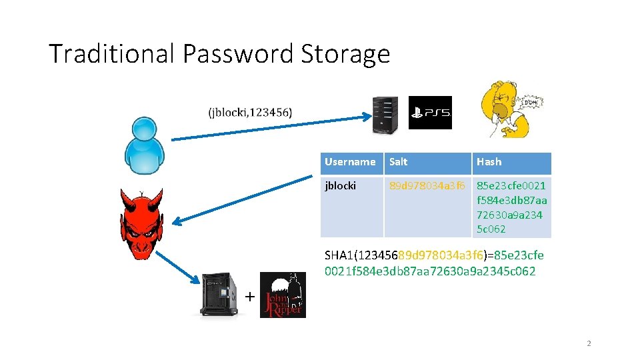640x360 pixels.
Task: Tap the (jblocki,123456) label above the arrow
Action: click(249, 112)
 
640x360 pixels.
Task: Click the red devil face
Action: click(141, 223)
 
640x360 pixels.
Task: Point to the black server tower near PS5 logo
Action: click(385, 113)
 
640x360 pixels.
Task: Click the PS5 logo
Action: click(430, 113)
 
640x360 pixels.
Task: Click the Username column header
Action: click(350, 162)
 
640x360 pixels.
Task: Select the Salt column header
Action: click(399, 162)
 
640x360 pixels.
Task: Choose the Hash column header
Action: click(489, 162)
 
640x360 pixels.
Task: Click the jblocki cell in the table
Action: click(341, 186)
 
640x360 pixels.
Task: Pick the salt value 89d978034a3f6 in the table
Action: click(427, 186)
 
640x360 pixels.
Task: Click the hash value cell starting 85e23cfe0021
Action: click(511, 207)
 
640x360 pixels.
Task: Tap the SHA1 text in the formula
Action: click(340, 255)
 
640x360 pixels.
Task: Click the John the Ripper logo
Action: click(283, 295)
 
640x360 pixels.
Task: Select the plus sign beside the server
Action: click(249, 297)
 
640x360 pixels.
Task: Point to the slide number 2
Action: click(589, 343)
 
